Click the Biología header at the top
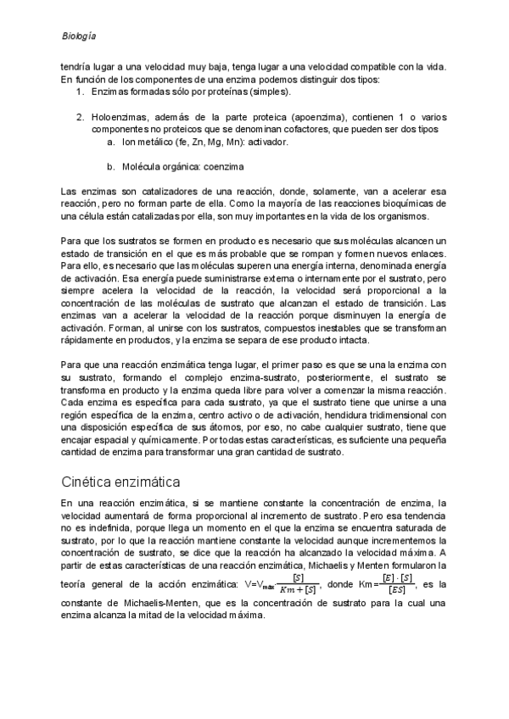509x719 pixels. coord(79,36)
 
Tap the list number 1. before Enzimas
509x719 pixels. coord(80,92)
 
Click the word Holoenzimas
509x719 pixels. coord(120,116)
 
